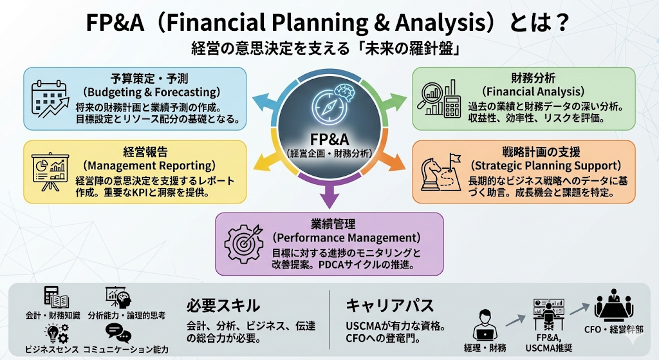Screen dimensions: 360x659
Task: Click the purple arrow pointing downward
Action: click(329, 195)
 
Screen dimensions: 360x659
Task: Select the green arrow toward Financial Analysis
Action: click(394, 100)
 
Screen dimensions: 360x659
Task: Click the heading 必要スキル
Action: click(223, 305)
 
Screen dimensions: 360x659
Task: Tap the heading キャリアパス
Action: click(390, 305)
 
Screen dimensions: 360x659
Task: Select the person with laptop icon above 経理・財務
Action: click(486, 325)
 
